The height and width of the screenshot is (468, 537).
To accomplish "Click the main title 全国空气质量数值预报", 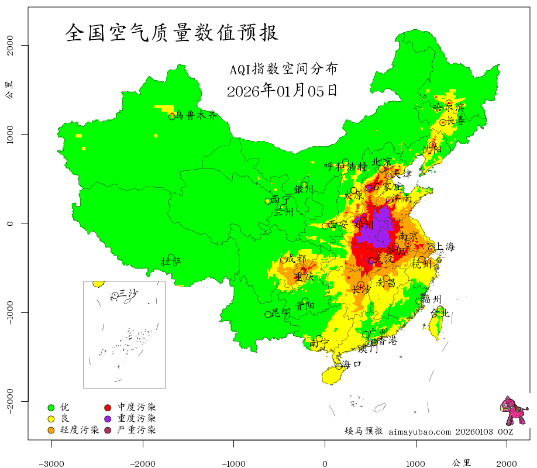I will click(x=172, y=33).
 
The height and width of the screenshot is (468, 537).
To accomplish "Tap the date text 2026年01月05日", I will click(x=282, y=91).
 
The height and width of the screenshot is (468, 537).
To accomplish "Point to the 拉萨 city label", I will click(x=171, y=261).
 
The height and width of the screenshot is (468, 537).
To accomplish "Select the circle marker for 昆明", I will click(x=268, y=314).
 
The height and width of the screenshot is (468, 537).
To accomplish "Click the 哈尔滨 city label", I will click(x=448, y=107).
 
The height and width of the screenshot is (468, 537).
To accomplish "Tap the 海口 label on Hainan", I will click(x=352, y=364).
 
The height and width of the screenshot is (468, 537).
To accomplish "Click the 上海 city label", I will click(x=445, y=247).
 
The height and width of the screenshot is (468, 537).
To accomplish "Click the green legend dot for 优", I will click(x=51, y=407).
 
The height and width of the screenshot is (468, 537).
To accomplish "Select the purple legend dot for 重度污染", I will click(x=108, y=418).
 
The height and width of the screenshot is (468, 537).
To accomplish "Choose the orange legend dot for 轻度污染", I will click(x=51, y=430).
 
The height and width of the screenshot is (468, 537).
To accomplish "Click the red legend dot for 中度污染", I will click(x=108, y=407).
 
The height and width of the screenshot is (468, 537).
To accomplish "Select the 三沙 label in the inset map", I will click(x=128, y=293).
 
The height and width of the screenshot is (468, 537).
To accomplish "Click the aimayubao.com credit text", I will click(x=419, y=432).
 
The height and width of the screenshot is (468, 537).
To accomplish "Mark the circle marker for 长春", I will click(x=443, y=122).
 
